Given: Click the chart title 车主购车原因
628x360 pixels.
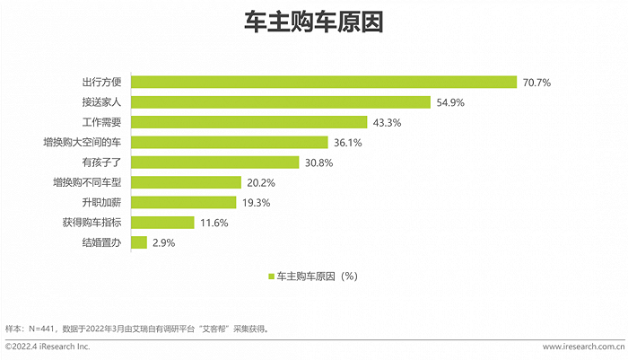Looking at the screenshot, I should tap(314, 22).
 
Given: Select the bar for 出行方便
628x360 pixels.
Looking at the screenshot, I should tap(324, 82).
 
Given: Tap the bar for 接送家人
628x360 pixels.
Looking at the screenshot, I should tap(281, 101).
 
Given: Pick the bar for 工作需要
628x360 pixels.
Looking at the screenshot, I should tap(249, 122).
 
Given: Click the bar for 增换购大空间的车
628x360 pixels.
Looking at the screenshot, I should tap(230, 142).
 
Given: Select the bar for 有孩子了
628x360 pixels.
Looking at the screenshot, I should tap(215, 162).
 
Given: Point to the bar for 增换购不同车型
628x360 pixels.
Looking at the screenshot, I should tap(186, 182).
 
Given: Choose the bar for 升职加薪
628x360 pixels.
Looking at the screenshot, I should tap(184, 202).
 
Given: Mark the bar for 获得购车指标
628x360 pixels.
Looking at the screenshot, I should tap(162, 223).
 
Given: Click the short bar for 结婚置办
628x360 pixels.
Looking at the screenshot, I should tap(139, 242).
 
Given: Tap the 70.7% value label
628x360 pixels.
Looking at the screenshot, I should tap(536, 83).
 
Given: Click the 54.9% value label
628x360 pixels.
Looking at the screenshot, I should tap(450, 102).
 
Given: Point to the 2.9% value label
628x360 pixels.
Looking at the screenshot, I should tap(162, 243).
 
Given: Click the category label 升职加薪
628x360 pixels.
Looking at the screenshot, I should tap(101, 202).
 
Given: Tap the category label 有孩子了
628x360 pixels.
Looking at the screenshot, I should tap(101, 162).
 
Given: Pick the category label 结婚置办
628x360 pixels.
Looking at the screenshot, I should tap(101, 242).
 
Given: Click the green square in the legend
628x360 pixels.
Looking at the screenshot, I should tap(270, 277).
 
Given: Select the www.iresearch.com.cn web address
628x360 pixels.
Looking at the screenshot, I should tap(583, 347).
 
